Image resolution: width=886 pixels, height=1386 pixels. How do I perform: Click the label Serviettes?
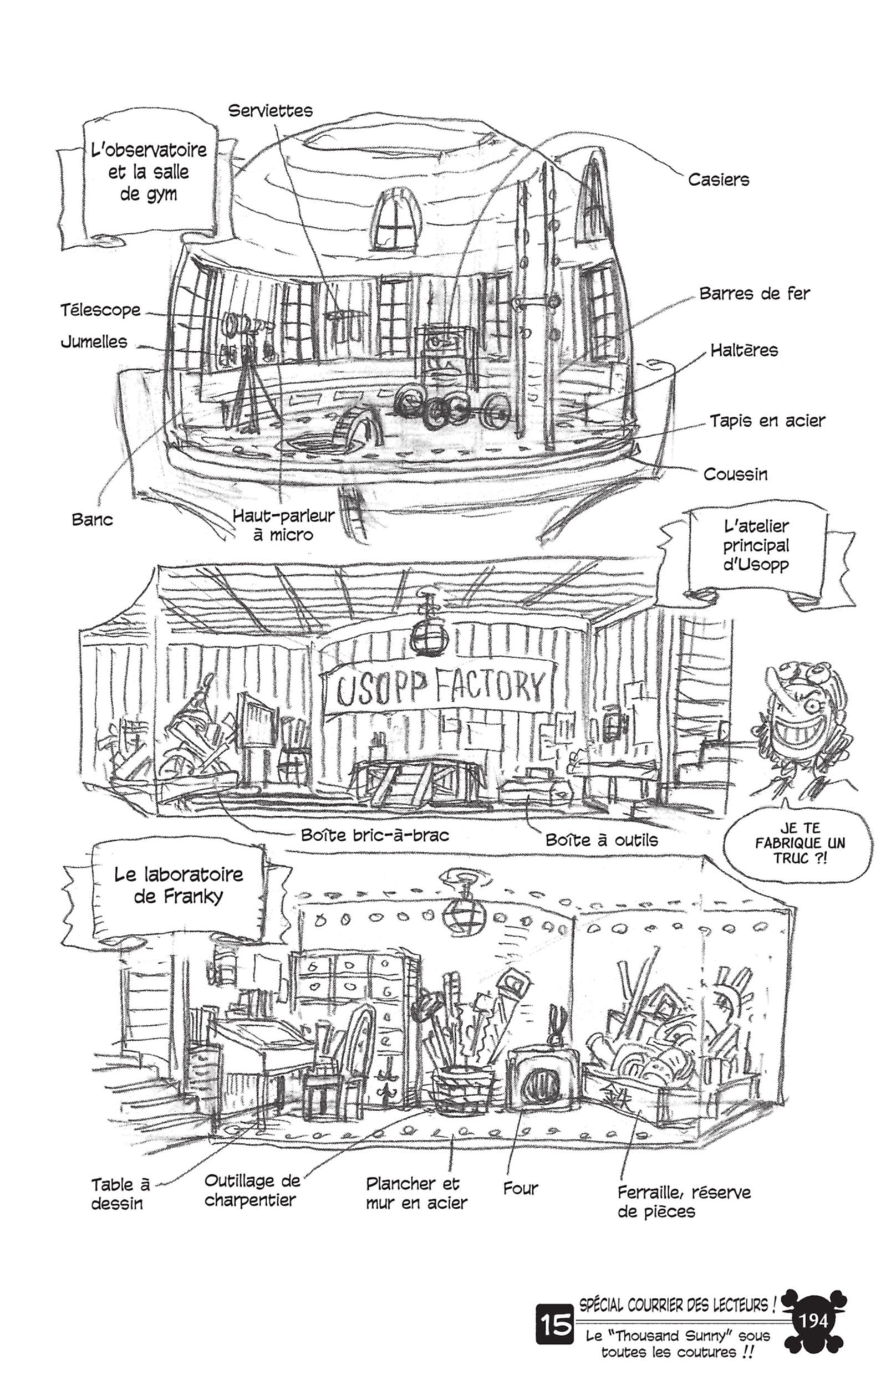(270, 110)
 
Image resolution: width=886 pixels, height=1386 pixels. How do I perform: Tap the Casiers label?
(719, 180)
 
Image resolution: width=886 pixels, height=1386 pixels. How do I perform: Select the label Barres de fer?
(754, 294)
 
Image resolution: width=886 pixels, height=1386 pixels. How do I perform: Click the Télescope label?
(101, 310)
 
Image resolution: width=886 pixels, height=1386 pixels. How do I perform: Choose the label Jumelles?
(94, 342)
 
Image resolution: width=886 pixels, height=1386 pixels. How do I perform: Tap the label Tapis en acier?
(767, 421)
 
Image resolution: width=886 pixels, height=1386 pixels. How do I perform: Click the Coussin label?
(735, 474)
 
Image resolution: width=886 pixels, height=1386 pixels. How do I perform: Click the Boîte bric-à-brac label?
(374, 835)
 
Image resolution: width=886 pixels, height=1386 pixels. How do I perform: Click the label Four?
(521, 1188)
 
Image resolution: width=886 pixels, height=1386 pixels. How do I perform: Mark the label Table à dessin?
(120, 1194)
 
